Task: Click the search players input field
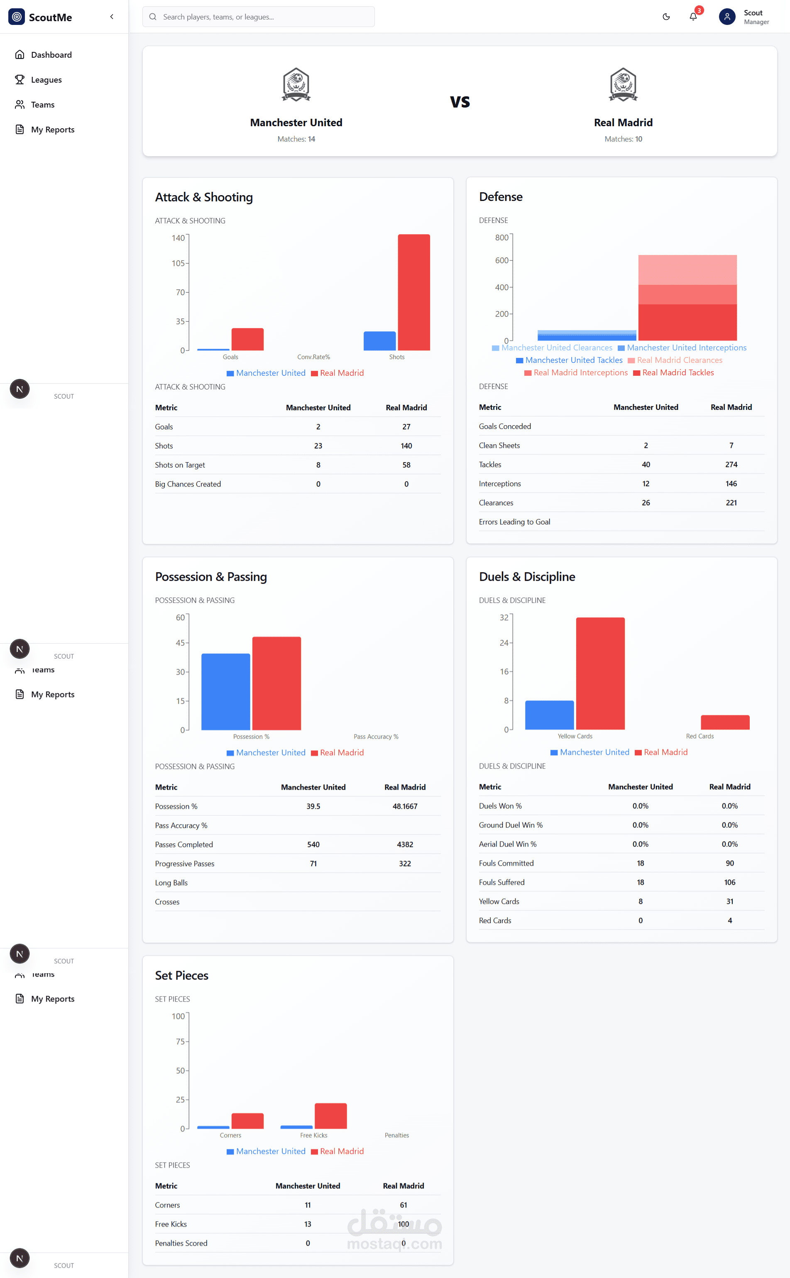258,17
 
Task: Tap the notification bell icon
693,17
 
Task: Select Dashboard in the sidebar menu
51,55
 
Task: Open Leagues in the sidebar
46,80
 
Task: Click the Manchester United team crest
296,84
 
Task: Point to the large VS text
460,101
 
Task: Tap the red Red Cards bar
725,722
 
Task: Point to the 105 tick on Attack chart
178,263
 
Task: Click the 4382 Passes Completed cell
404,845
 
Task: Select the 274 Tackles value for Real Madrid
731,465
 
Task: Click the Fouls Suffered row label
501,882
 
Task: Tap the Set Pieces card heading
181,975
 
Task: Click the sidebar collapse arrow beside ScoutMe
112,17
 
